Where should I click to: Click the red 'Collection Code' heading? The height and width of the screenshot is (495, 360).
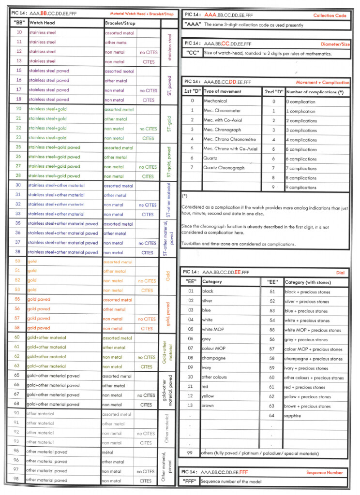pyautogui.click(x=330, y=15)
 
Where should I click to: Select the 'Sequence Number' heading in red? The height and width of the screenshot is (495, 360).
pyautogui.click(x=325, y=472)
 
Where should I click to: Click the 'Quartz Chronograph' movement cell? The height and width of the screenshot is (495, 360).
pyautogui.click(x=224, y=168)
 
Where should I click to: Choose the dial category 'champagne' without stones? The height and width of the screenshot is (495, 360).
pyautogui.click(x=213, y=358)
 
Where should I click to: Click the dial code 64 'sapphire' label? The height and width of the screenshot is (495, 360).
pyautogui.click(x=293, y=416)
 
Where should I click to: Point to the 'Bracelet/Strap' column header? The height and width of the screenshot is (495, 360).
pyautogui.click(x=119, y=23)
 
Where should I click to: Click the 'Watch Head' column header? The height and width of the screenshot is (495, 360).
pyautogui.click(x=42, y=23)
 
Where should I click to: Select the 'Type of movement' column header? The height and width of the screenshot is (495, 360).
pyautogui.click(x=222, y=91)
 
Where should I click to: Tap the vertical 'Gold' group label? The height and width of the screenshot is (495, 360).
pyautogui.click(x=168, y=276)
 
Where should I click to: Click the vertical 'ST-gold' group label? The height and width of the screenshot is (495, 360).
pyautogui.click(x=168, y=124)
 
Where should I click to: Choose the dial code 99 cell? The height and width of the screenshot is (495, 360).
pyautogui.click(x=190, y=453)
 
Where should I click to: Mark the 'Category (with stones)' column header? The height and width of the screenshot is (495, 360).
pyautogui.click(x=308, y=282)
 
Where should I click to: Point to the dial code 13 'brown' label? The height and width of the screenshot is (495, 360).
pyautogui.click(x=208, y=406)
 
